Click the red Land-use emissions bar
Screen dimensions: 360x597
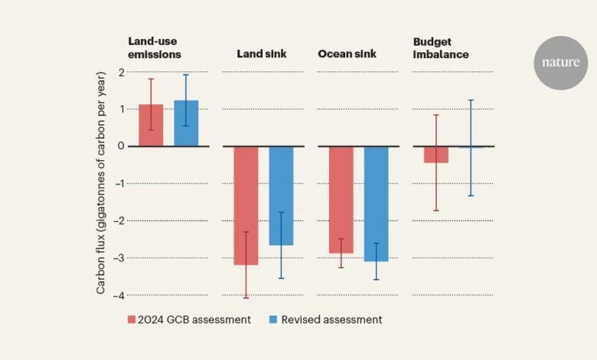[151, 126]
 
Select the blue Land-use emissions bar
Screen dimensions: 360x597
[186, 123]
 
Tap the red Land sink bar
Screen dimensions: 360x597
[246, 205]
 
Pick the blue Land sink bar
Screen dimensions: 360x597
[281, 195]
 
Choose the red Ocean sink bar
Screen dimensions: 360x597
[341, 199]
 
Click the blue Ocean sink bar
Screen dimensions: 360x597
[376, 204]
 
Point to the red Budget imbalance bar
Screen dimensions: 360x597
[436, 154]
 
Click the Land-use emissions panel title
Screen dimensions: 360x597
[155, 48]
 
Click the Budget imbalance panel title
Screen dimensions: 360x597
[442, 48]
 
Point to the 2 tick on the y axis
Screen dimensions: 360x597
[120, 72]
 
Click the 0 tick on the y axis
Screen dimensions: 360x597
[120, 146]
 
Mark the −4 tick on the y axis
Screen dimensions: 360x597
[118, 295]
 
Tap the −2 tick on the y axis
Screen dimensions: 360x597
[118, 221]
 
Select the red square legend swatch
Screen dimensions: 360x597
[132, 319]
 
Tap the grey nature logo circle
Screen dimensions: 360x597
[561, 62]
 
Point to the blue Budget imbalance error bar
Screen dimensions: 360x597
[471, 148]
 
